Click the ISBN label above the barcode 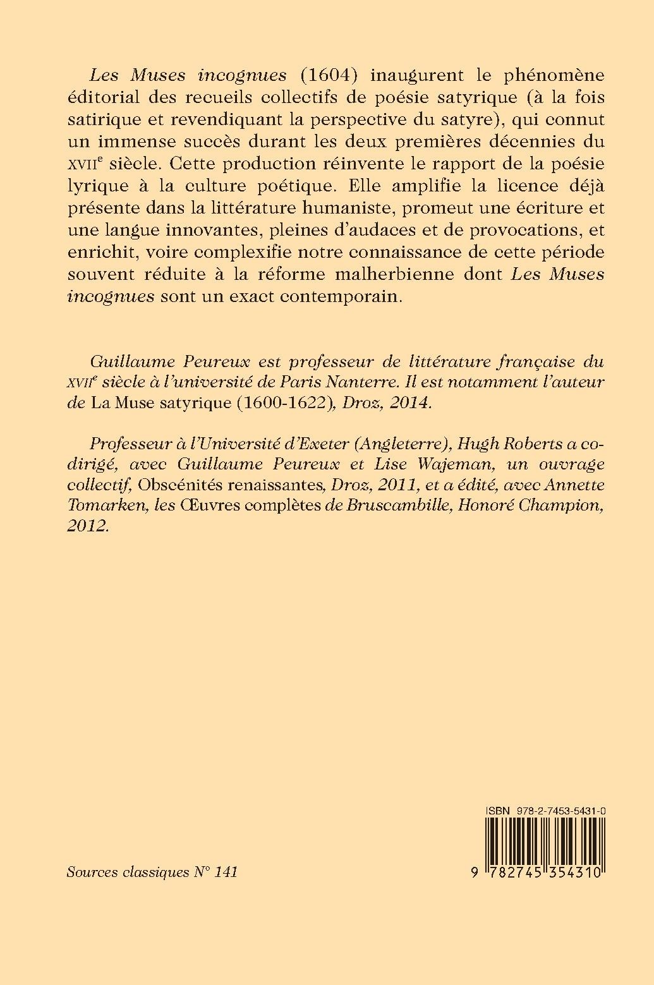coord(498,809)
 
